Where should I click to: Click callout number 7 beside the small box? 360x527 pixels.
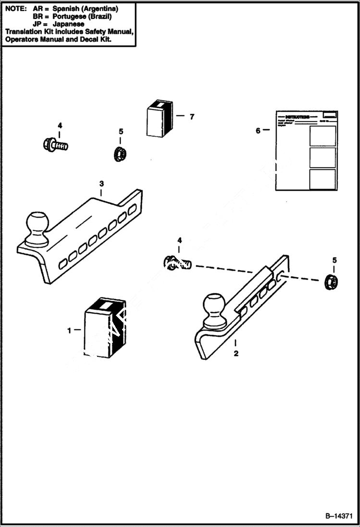(192, 117)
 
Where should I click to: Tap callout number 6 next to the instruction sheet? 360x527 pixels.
(258, 130)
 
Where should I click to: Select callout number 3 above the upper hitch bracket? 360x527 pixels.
(101, 184)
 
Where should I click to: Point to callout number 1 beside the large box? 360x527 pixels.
(69, 331)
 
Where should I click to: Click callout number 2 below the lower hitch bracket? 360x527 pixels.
(236, 354)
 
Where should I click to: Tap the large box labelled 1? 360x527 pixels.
(104, 330)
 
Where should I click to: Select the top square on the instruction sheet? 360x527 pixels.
(323, 136)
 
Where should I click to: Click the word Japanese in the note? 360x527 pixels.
(69, 24)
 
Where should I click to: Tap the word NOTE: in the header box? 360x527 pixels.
(15, 9)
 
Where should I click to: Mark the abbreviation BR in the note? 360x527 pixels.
(38, 16)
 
